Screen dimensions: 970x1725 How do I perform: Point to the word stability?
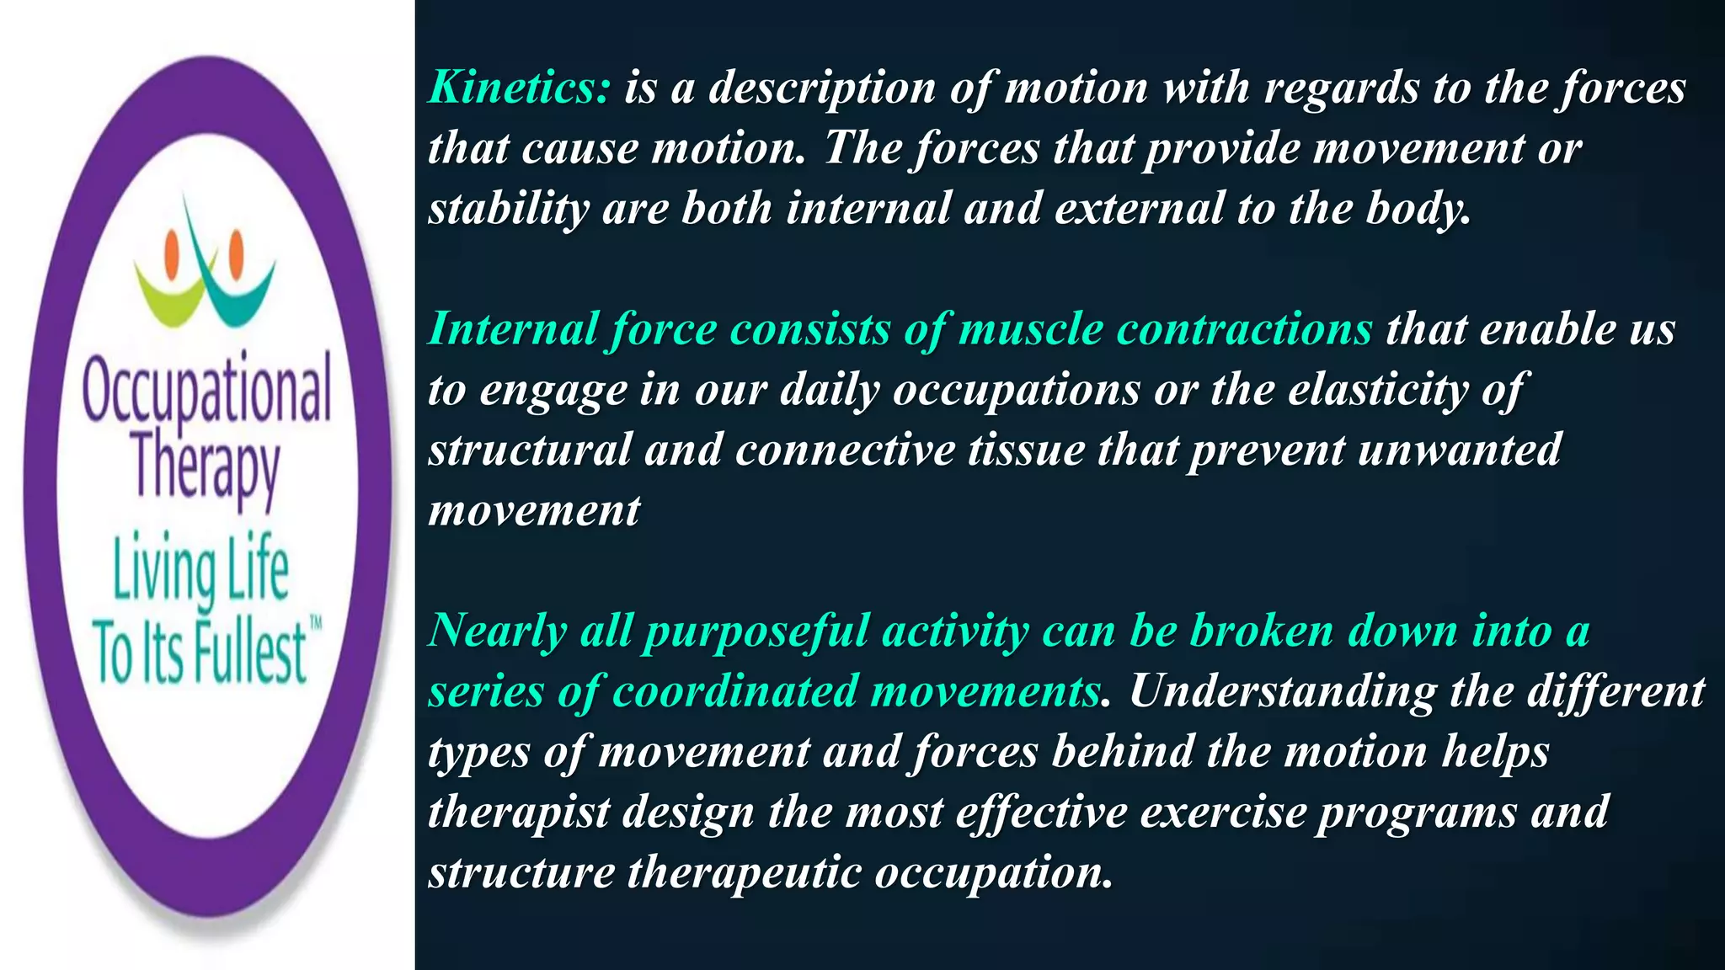508,209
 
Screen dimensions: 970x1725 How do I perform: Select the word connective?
845,450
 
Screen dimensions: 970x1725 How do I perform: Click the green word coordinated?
734,691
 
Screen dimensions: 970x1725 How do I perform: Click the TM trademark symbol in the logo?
316,624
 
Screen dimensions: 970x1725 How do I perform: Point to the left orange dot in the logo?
173,249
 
